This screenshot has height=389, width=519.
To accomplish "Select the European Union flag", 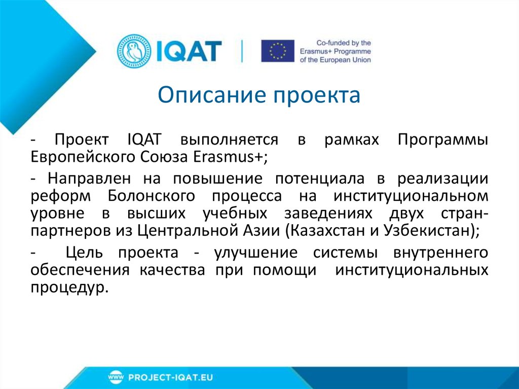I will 277,51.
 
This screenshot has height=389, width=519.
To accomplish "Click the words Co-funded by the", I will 343,43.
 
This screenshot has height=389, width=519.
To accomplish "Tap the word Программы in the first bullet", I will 443,139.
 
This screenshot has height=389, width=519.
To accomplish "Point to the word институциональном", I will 411,196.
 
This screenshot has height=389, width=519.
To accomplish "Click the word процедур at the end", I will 68,287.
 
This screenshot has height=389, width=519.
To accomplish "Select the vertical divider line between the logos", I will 242,51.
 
